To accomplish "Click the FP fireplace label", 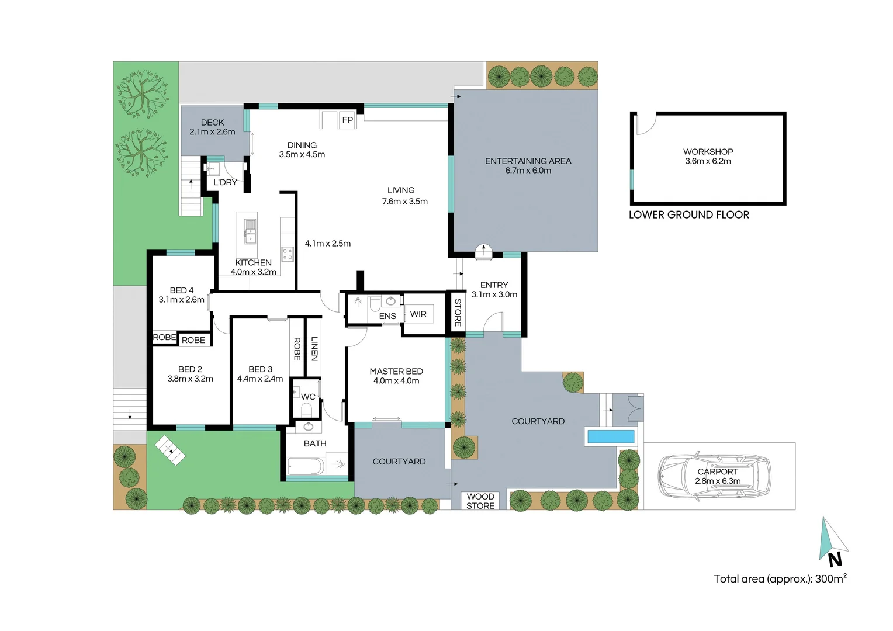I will click(x=348, y=120).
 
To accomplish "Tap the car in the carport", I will click(x=715, y=477).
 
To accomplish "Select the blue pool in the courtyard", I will click(x=611, y=436).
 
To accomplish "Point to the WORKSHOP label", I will click(x=708, y=151).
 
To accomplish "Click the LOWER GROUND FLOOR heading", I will click(x=688, y=214).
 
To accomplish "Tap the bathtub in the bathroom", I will click(x=305, y=466).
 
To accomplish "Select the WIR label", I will click(x=418, y=314).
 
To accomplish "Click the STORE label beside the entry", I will click(x=458, y=313).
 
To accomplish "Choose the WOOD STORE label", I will click(x=480, y=501).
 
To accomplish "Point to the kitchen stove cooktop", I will click(x=287, y=254).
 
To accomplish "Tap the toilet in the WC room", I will click(x=306, y=410).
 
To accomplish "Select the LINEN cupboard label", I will click(x=314, y=349).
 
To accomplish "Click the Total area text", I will click(x=780, y=579).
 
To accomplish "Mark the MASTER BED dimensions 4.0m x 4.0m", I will click(x=396, y=381).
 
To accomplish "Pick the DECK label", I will click(x=212, y=122).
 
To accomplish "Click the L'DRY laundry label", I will click(x=225, y=182).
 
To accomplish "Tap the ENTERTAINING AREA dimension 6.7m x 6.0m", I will click(x=528, y=171).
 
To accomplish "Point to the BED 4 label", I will click(x=182, y=290).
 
